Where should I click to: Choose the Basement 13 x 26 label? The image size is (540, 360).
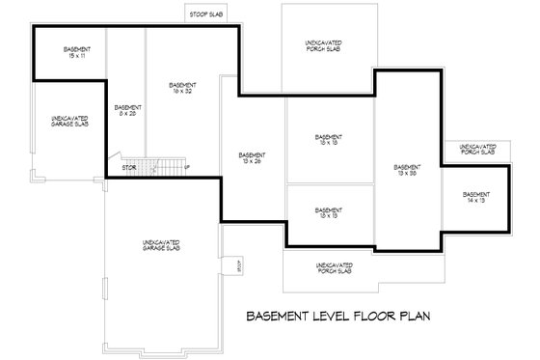click(253, 158)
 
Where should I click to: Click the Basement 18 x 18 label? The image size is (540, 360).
click(329, 141)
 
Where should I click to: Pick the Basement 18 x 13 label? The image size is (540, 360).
click(329, 212)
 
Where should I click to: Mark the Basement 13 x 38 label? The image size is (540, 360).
click(408, 170)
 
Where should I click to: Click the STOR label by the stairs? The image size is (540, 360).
click(128, 168)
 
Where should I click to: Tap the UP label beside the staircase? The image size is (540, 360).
click(186, 168)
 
